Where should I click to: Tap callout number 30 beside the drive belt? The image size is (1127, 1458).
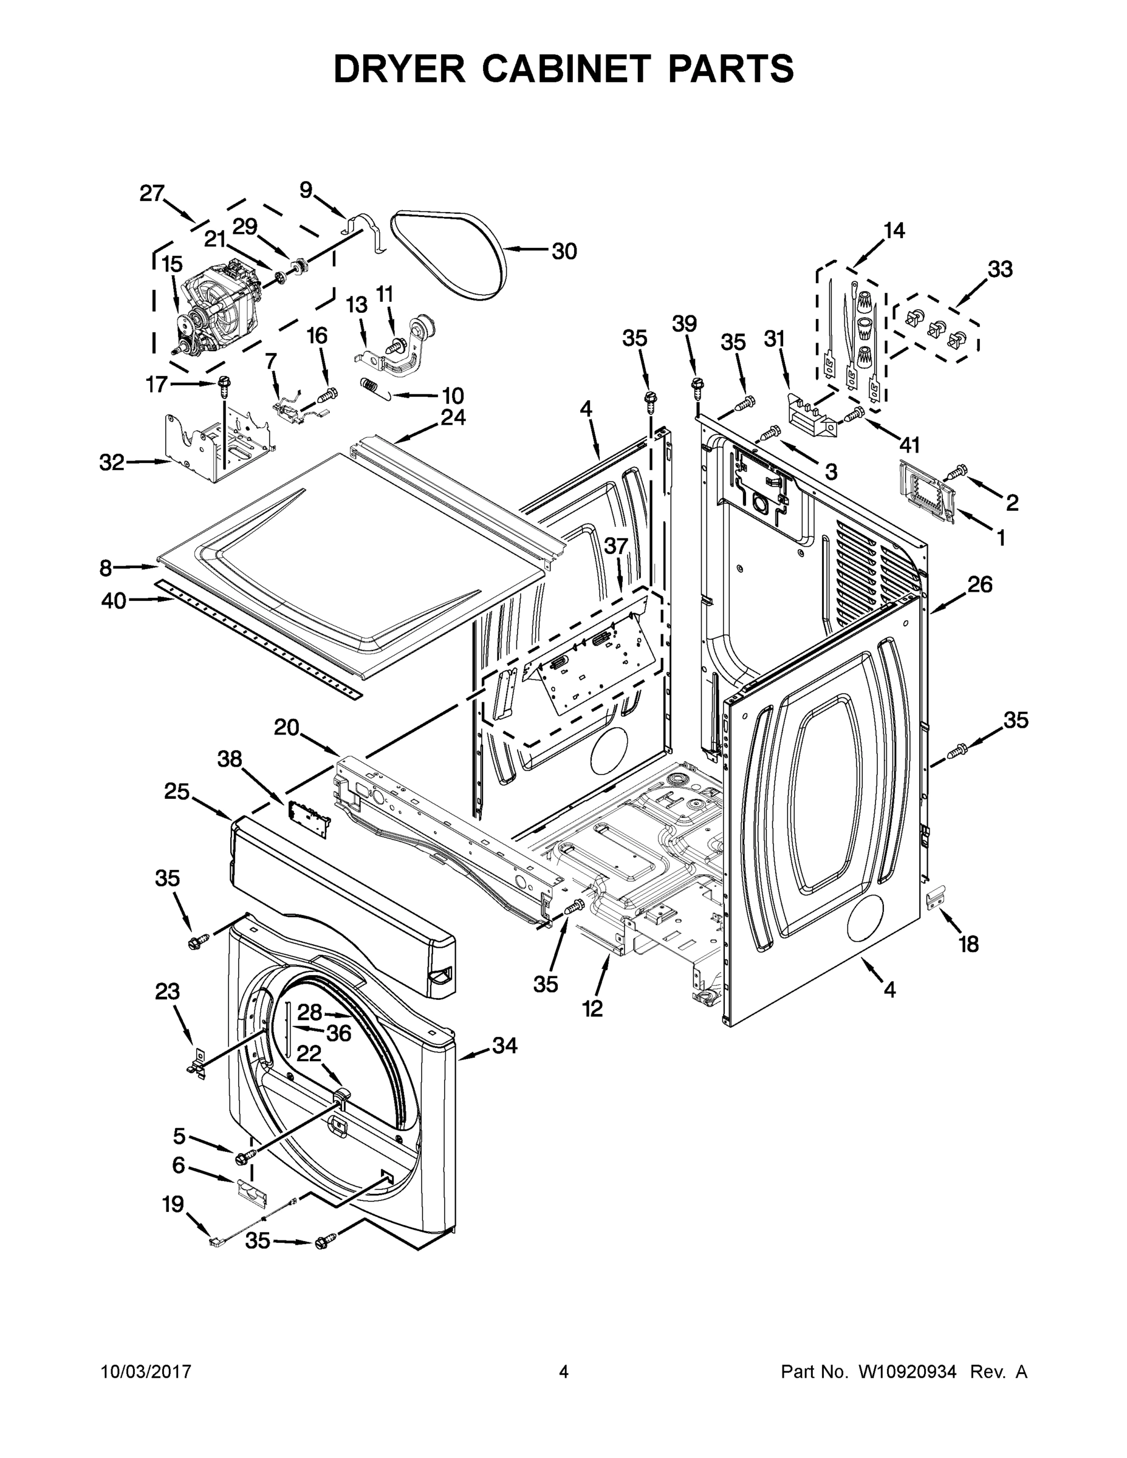coord(564,251)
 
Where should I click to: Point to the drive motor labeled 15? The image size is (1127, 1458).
coord(221,307)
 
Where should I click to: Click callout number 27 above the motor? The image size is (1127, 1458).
coord(152,194)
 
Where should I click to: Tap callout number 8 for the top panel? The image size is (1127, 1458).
coord(106,568)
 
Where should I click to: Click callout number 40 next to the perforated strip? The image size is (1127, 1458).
coord(114,601)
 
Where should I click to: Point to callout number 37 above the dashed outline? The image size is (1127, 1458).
coord(616,546)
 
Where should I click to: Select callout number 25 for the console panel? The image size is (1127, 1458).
coord(177,792)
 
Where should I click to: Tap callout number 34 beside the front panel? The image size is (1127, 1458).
coord(505,1046)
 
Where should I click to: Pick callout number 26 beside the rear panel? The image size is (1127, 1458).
coord(980,584)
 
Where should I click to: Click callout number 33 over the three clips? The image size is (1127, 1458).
coord(1000,270)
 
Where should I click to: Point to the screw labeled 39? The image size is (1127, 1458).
coord(697,386)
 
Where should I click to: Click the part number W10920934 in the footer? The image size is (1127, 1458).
coord(907,1372)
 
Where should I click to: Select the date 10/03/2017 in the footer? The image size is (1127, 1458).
coord(146,1372)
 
